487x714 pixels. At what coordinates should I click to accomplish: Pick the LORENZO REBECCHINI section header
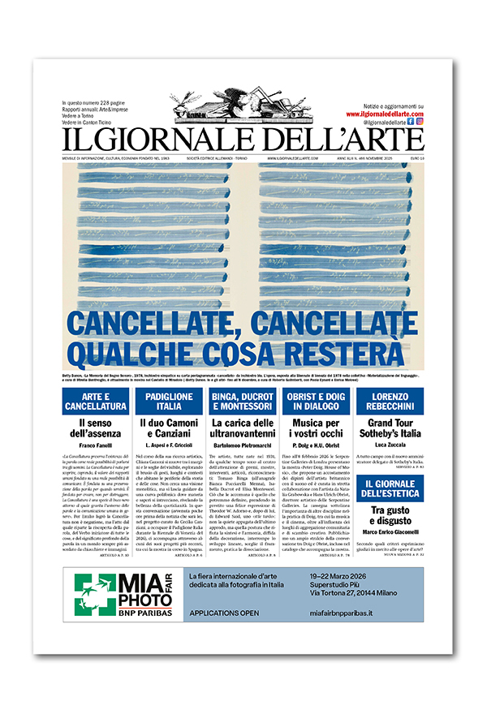click(391, 401)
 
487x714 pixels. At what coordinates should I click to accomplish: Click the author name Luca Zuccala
click(391, 445)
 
